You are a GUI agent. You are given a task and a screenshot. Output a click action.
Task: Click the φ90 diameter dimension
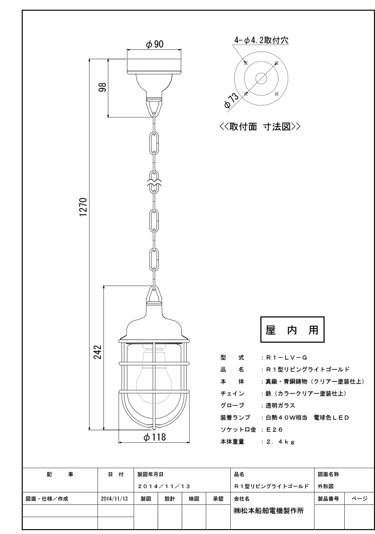155,44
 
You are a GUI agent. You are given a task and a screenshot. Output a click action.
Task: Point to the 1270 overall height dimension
84,206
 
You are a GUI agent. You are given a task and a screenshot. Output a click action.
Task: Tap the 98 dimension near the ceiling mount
103,88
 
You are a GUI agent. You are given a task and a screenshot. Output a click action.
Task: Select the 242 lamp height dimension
98,352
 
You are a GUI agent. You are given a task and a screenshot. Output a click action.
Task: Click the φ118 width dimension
155,437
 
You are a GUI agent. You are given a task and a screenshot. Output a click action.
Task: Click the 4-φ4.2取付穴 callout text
261,40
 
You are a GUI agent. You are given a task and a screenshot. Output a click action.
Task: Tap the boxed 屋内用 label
292,330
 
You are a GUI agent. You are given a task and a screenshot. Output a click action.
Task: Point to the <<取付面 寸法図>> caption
260,126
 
